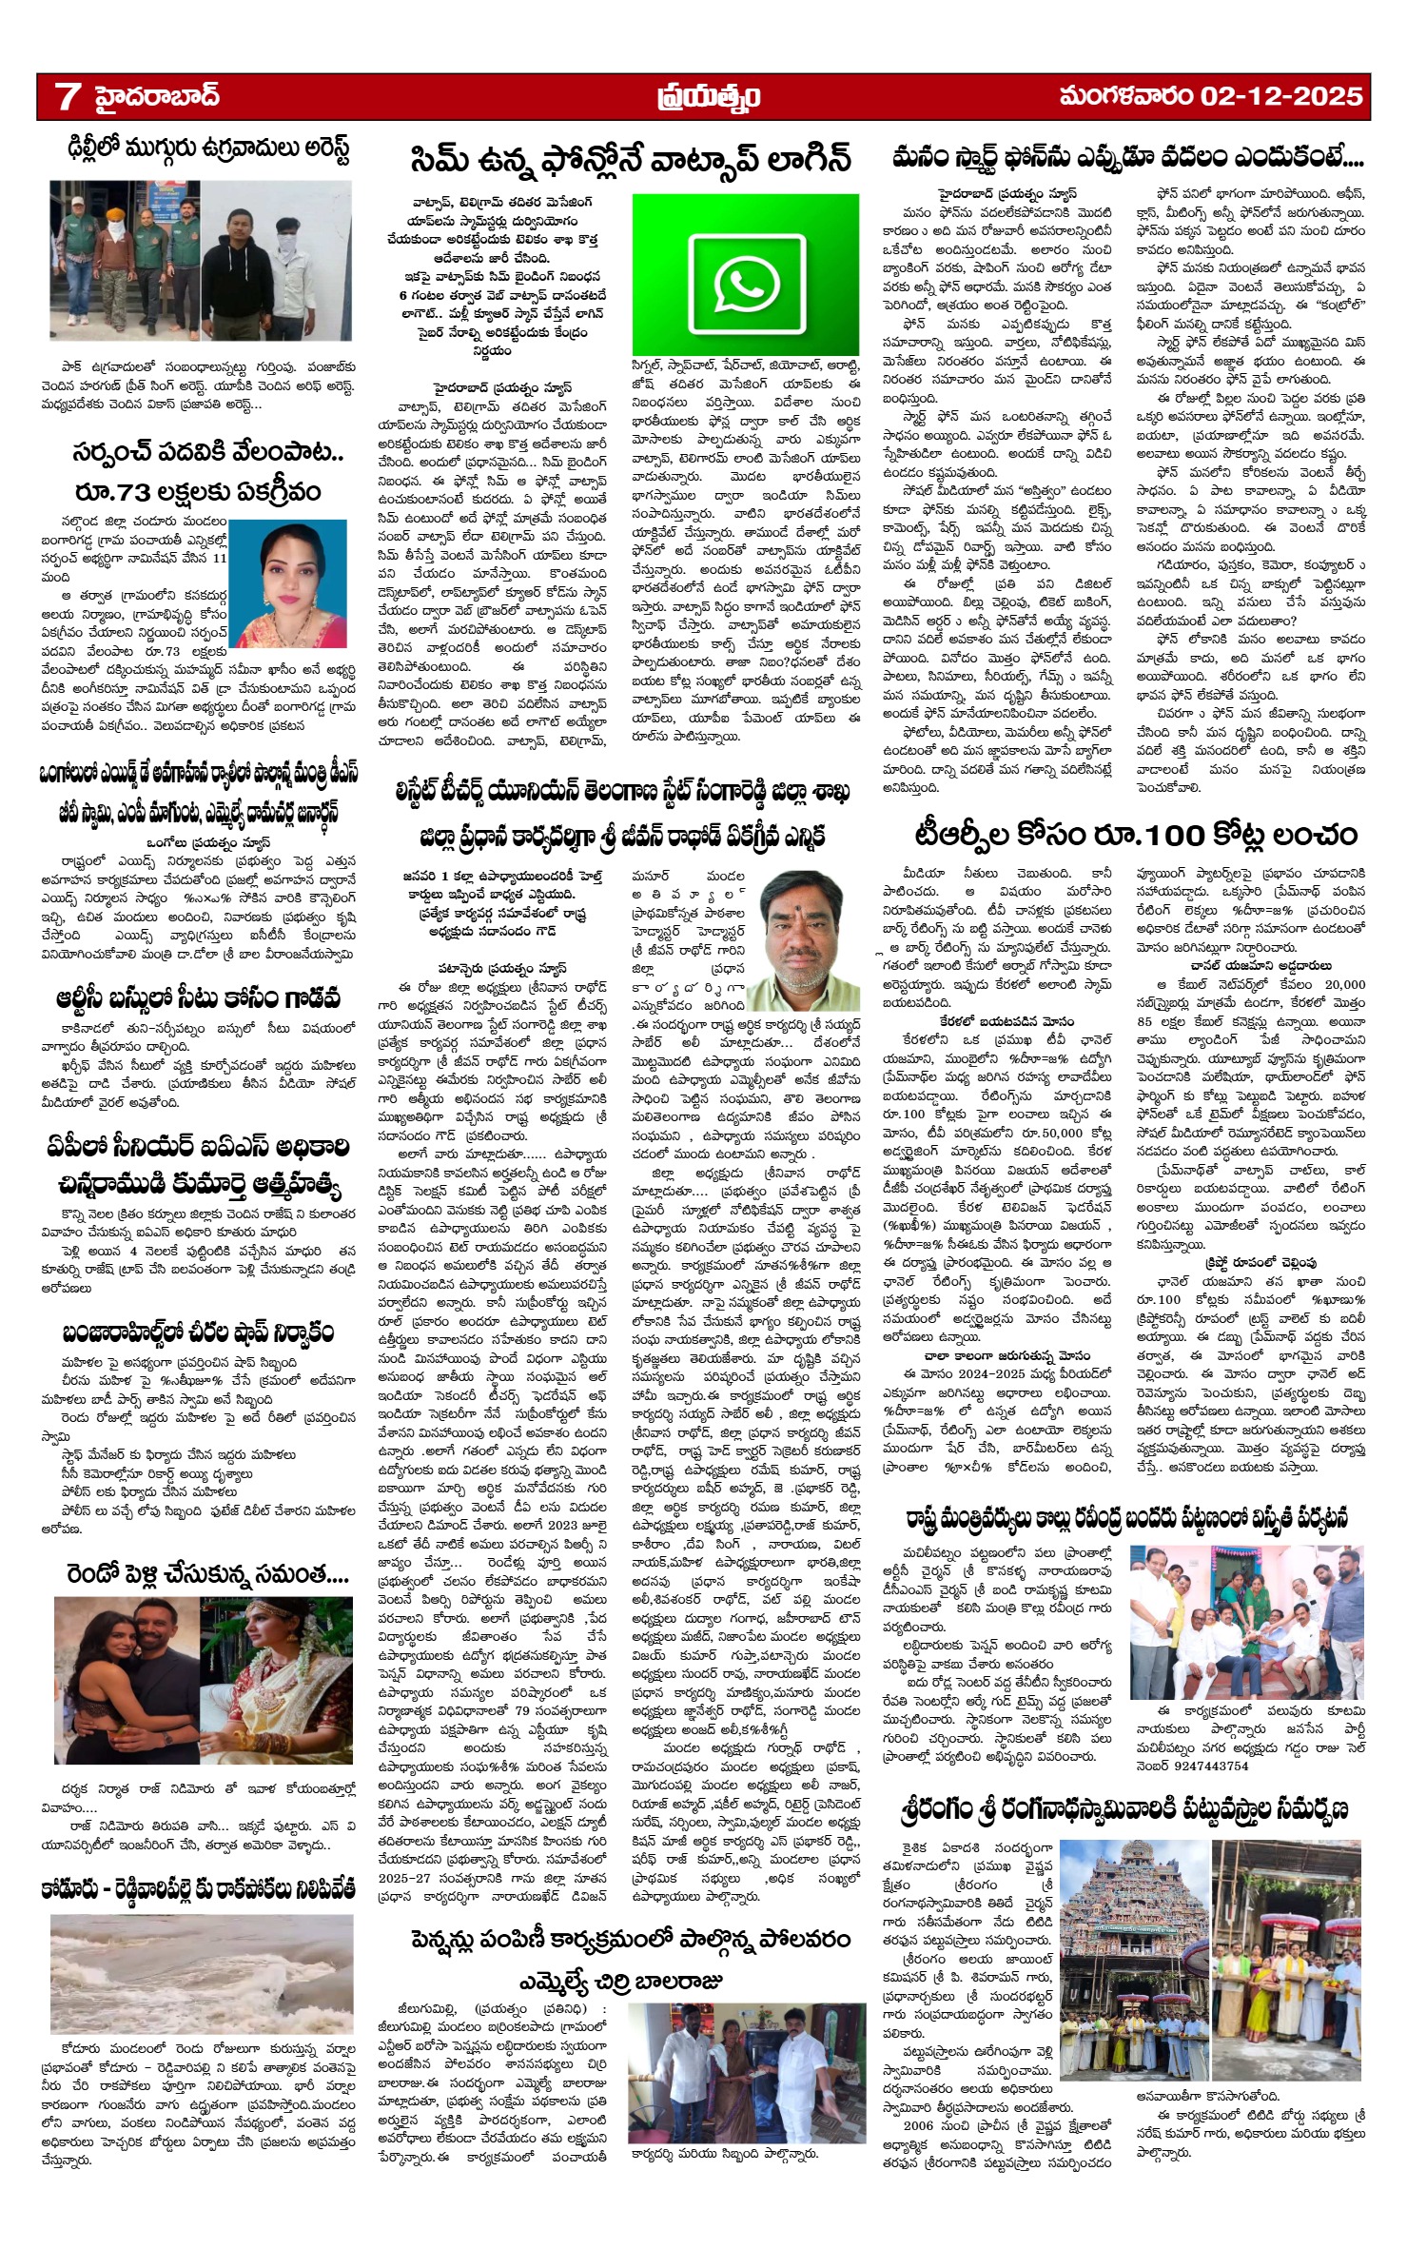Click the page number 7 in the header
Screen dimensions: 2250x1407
(x=67, y=96)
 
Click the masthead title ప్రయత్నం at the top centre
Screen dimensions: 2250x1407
(x=708, y=98)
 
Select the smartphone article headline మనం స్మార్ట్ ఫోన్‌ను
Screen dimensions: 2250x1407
(x=1127, y=157)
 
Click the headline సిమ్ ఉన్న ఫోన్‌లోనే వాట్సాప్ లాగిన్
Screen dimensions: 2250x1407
(x=631, y=159)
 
